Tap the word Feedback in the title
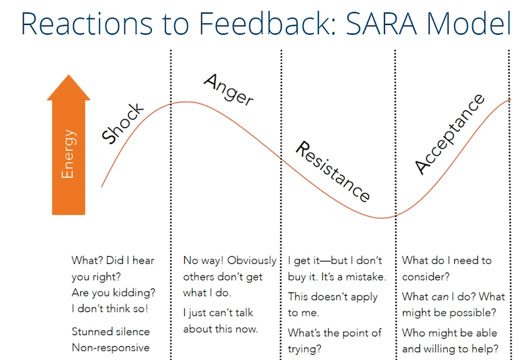pos(268,24)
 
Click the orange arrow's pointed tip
pos(69,75)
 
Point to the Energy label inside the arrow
pos(68,154)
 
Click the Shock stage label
pos(122,123)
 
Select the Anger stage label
pos(228,89)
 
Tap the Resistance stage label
pos(333,171)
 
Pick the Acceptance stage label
pos(450,134)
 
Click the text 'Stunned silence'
pos(110,332)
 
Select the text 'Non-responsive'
pos(110,348)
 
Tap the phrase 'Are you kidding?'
pos(113,292)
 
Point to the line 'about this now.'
pos(220,329)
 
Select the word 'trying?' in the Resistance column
pos(304,349)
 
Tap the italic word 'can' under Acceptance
pos(440,297)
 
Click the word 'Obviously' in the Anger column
pos(252,260)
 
